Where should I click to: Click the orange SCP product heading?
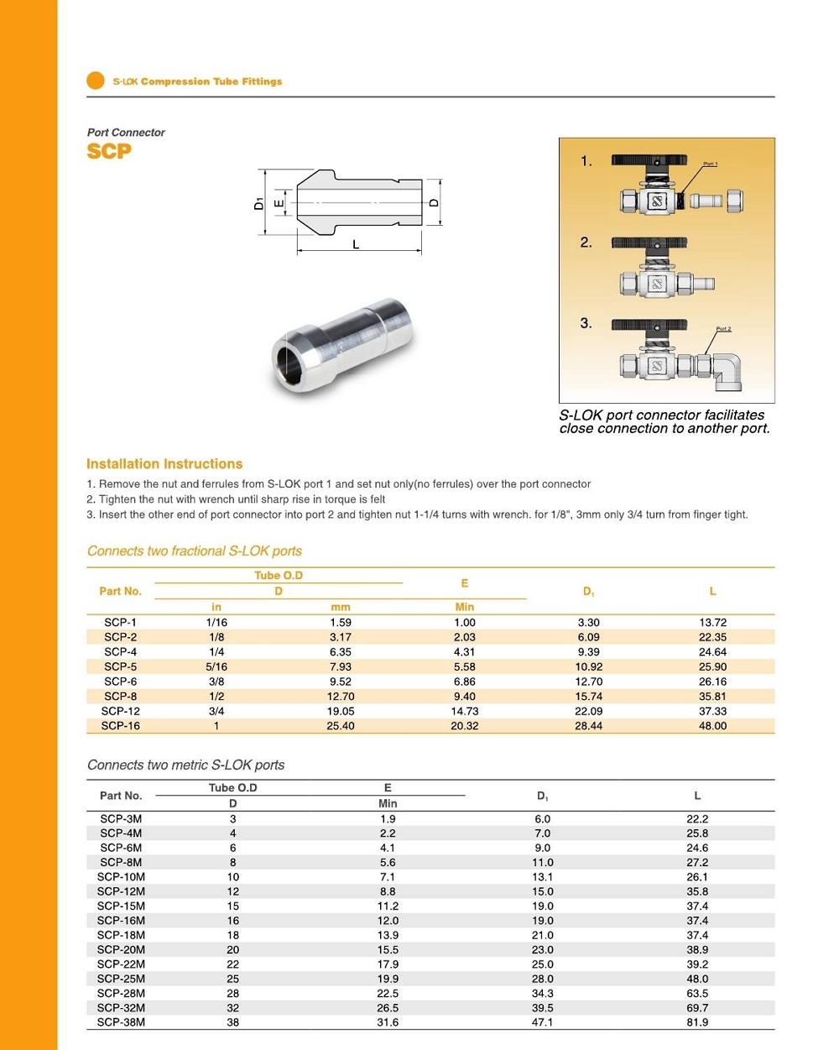click(x=109, y=151)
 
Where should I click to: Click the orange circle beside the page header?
click(x=96, y=81)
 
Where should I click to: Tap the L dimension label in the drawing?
click(x=356, y=244)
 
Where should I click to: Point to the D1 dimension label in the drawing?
click(x=259, y=202)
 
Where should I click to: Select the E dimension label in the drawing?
click(x=279, y=202)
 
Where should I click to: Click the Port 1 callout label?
click(x=710, y=164)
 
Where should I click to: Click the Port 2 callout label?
click(x=723, y=329)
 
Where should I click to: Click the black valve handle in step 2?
click(x=649, y=243)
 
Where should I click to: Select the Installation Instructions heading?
click(x=164, y=464)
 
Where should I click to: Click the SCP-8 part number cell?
click(x=121, y=697)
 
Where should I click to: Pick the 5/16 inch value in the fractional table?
click(x=216, y=667)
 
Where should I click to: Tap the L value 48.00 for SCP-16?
click(x=712, y=726)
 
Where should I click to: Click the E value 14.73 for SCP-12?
click(x=464, y=711)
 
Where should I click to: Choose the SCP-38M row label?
click(x=121, y=1022)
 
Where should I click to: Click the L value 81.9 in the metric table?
click(x=697, y=1022)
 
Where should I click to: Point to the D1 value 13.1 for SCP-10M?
click(x=543, y=877)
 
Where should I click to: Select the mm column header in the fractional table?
click(x=341, y=607)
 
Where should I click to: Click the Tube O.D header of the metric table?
click(x=232, y=788)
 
